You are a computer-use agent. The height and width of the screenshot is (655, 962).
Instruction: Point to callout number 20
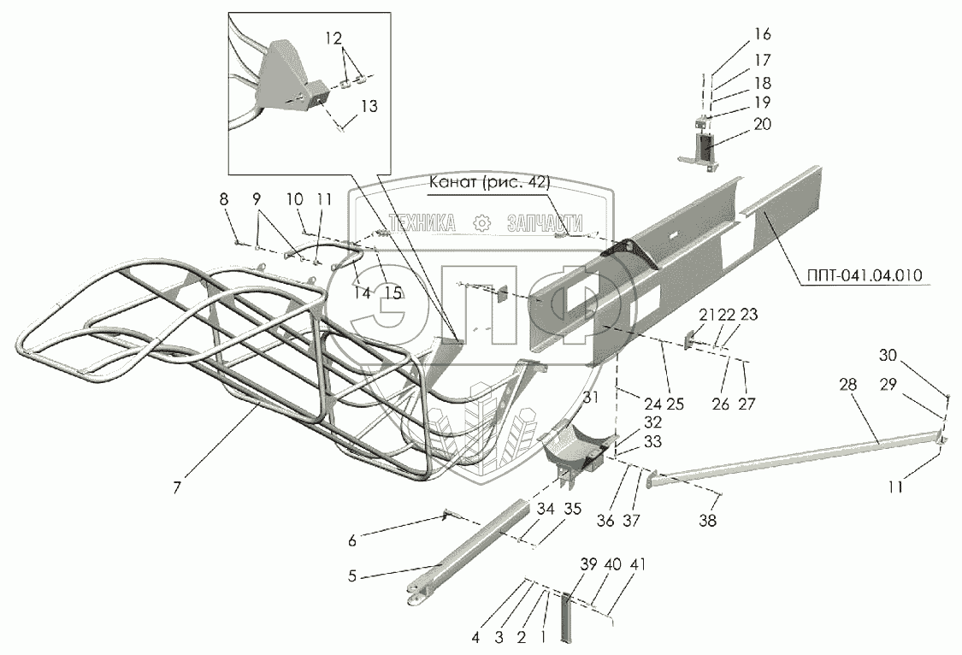click(762, 124)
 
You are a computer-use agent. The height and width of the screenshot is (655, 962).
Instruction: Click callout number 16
click(762, 35)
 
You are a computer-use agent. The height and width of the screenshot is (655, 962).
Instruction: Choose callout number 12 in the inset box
click(333, 38)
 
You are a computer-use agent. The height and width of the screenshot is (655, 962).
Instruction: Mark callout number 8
click(224, 199)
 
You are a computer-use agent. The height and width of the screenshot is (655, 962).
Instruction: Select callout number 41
click(637, 564)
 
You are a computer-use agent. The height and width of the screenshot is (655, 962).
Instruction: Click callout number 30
click(888, 356)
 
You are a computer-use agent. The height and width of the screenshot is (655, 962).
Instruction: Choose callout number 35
click(572, 510)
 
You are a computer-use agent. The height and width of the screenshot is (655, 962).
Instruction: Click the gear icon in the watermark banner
click(482, 223)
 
